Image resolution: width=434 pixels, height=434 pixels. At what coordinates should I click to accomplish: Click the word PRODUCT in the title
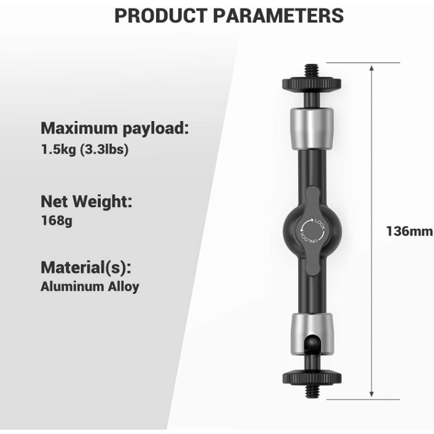click(x=161, y=16)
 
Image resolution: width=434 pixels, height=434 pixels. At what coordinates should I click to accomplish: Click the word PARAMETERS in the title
click(x=278, y=16)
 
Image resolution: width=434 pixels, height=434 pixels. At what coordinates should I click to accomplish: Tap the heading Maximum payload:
click(x=114, y=128)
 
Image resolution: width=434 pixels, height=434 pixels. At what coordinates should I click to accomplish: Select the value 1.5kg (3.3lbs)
click(x=85, y=149)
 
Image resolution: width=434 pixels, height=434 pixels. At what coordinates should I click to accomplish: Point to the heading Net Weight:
click(x=86, y=201)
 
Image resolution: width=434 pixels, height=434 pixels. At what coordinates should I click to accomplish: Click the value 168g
click(x=57, y=221)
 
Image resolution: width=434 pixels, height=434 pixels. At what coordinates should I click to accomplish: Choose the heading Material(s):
click(x=86, y=267)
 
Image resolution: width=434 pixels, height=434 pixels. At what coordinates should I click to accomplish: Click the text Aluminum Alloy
click(x=90, y=286)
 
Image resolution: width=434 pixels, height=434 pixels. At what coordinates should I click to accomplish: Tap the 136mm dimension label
click(x=409, y=231)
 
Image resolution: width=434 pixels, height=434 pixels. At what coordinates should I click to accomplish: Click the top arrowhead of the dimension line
click(x=371, y=68)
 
